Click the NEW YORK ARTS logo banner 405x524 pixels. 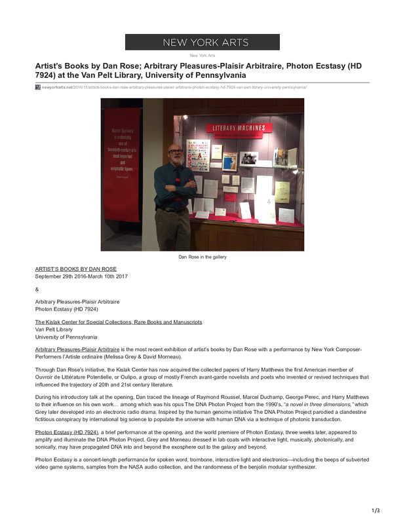(x=202, y=43)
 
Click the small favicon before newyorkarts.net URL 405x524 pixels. (x=37, y=86)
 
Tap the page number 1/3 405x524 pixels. (x=376, y=510)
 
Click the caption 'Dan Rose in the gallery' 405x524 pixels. (x=202, y=257)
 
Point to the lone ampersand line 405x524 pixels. (x=37, y=289)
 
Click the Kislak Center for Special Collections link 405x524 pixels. (x=118, y=322)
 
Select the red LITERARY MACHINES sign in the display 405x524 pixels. (x=238, y=128)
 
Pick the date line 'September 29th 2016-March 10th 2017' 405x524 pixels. (x=81, y=276)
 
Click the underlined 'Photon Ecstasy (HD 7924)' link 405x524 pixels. (x=66, y=433)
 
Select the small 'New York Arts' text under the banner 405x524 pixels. (x=202, y=56)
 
